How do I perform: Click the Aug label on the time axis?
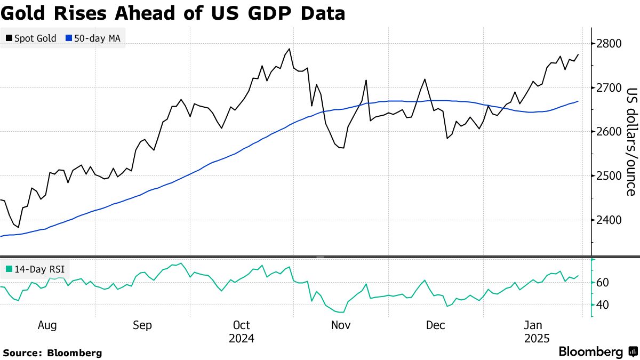[x=47, y=325]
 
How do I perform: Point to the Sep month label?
[x=142, y=325]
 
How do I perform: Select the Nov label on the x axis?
[x=340, y=325]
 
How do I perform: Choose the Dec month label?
[x=436, y=325]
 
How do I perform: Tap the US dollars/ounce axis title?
[x=630, y=141]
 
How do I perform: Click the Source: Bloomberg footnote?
[x=52, y=353]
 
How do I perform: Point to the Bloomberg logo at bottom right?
[x=597, y=352]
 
